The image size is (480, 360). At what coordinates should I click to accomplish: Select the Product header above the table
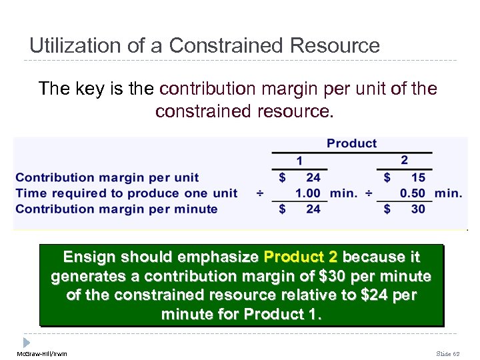351,143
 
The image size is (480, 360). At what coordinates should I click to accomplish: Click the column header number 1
299,161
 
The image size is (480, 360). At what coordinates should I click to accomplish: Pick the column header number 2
404,161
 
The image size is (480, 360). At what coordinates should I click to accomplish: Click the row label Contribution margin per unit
107,177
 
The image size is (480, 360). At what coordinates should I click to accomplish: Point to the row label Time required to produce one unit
126,193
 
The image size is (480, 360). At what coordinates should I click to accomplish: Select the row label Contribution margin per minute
116,209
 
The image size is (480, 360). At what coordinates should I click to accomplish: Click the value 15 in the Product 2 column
418,177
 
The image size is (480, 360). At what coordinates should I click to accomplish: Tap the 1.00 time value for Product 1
307,193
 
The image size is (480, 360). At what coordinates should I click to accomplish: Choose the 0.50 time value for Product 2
413,193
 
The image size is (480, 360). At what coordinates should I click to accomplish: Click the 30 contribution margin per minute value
418,209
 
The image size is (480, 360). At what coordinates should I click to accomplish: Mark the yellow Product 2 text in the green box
301,257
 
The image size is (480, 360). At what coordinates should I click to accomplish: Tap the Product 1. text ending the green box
282,314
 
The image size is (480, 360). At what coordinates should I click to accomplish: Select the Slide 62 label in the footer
447,353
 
